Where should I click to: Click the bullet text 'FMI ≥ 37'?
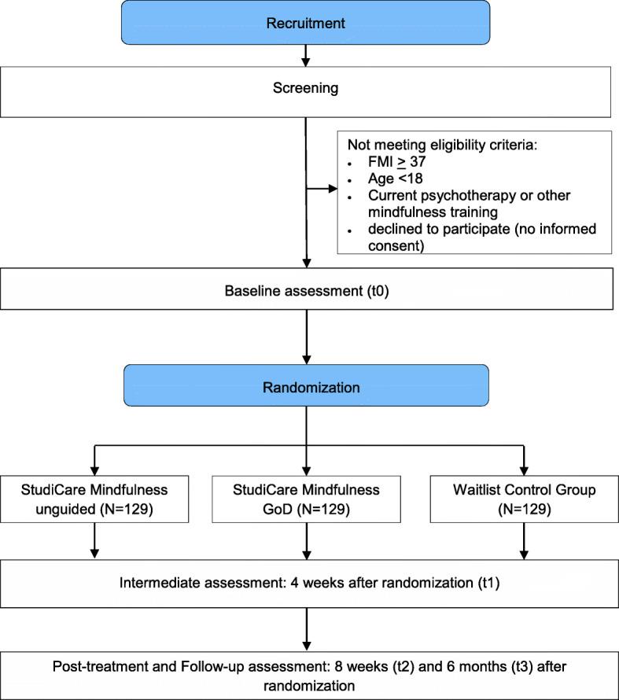point(385,163)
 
